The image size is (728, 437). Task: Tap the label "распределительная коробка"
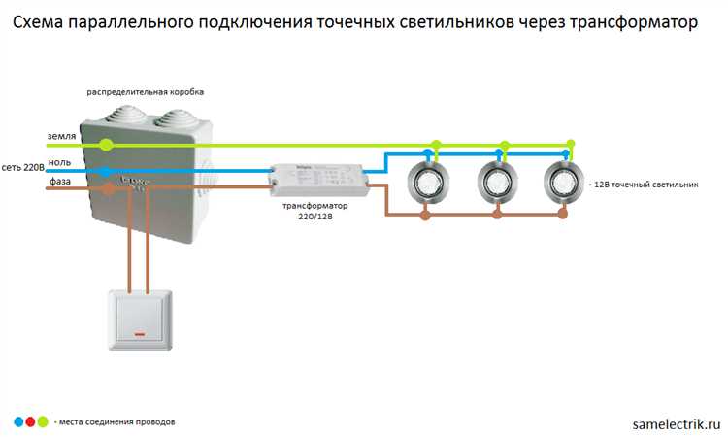tap(145, 92)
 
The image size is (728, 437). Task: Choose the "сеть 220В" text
tap(21, 167)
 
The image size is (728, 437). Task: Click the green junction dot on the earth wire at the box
tap(106, 145)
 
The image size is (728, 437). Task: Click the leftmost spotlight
tap(425, 181)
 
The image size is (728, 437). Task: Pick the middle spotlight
tap(496, 181)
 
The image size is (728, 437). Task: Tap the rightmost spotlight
tap(563, 181)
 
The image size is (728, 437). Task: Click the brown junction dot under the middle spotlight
tap(497, 215)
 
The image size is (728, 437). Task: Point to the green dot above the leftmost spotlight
tap(436, 145)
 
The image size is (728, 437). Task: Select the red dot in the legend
tap(30, 421)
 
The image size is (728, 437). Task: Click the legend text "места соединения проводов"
tap(117, 422)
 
